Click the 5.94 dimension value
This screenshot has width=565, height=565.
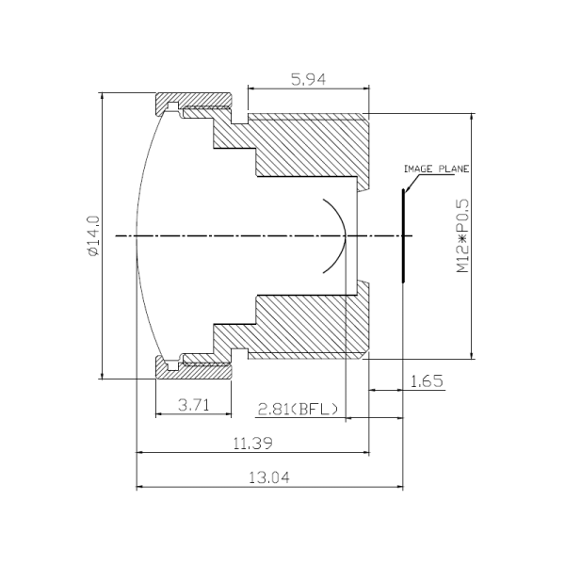308,80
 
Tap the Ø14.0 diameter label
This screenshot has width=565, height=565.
93,236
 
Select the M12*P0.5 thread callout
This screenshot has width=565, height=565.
463,236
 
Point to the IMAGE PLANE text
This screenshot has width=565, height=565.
436,169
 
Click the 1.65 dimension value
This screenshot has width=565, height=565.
427,380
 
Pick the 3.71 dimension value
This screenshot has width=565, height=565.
194,405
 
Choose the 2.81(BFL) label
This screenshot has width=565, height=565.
298,409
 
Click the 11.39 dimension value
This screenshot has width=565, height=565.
253,443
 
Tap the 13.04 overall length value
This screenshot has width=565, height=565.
269,477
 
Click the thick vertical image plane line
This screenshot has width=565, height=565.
403,235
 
